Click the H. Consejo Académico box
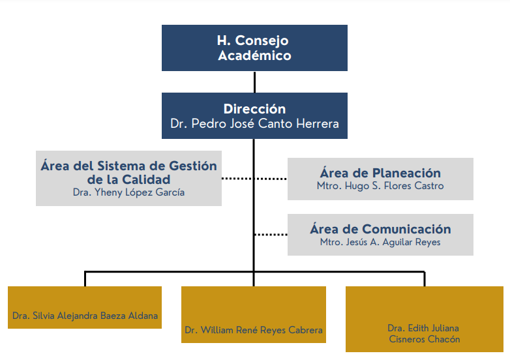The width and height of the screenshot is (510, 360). (x=254, y=48)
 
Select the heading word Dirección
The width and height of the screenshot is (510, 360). (x=254, y=109)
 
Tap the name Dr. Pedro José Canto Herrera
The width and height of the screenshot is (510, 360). (x=254, y=123)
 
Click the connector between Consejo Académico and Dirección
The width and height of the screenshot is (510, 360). (x=254, y=82)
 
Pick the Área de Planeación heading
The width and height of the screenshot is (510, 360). (x=380, y=173)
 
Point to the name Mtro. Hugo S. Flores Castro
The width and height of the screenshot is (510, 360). (x=380, y=186)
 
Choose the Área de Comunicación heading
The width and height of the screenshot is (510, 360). (x=380, y=229)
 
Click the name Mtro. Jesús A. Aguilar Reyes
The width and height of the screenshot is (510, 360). (x=380, y=242)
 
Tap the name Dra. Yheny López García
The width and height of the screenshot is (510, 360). (x=128, y=192)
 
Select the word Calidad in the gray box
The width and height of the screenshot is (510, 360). (x=146, y=179)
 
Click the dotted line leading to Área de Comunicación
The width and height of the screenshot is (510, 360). (x=271, y=235)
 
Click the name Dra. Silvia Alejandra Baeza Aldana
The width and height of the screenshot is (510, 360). (x=85, y=316)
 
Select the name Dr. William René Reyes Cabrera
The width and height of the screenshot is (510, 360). (x=254, y=330)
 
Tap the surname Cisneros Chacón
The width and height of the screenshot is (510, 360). (x=425, y=339)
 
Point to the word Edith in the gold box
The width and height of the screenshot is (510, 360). (x=417, y=328)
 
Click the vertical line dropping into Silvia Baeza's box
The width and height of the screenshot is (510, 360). (x=85, y=278)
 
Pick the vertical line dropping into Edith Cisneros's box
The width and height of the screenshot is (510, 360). (x=425, y=278)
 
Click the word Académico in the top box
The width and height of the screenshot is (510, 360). (x=254, y=55)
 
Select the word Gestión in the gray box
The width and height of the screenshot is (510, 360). (x=193, y=166)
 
